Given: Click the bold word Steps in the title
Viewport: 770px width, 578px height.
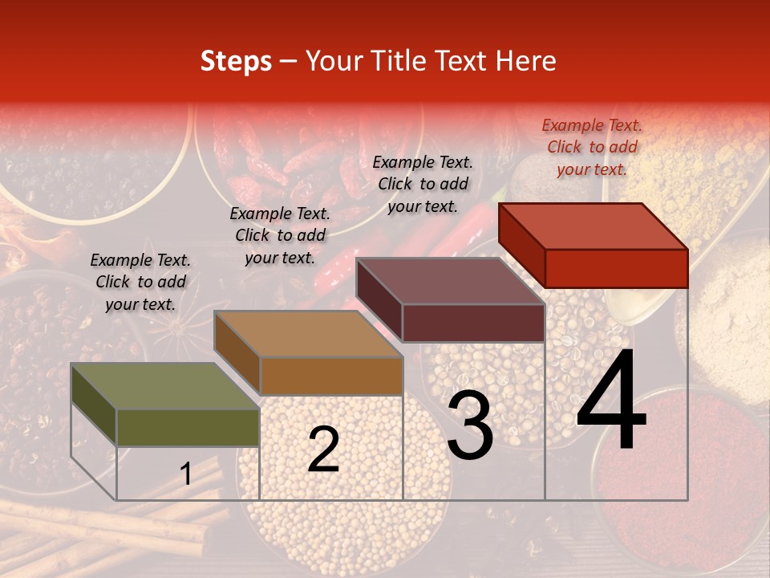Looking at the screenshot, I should tap(236, 61).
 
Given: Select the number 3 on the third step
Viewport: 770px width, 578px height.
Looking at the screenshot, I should tap(470, 425).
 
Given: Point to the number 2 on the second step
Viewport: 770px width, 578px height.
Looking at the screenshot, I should tap(323, 450).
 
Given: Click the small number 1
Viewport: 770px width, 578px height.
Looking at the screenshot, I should tap(186, 474).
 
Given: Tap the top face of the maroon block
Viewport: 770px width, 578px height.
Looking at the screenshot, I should tap(450, 281).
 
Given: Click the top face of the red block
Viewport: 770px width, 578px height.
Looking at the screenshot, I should tap(594, 226).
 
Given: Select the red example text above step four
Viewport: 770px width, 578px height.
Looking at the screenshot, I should tap(592, 147).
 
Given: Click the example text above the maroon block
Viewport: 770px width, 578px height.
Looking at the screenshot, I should tap(423, 184).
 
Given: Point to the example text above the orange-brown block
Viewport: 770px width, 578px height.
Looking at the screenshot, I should tap(280, 235).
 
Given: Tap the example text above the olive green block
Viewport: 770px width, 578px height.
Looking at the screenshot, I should tap(140, 282).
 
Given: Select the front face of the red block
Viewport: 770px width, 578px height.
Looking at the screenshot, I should tap(616, 268).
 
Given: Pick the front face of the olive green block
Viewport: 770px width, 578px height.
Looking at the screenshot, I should tap(188, 427).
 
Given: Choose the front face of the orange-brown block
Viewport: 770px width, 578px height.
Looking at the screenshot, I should tap(331, 376).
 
